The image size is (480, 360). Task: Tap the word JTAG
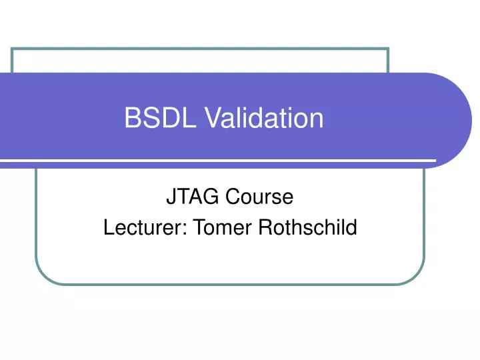coord(186,197)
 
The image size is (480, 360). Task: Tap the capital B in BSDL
coord(131,118)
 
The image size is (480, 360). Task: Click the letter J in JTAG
coord(168,197)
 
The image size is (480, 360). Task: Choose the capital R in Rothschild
coord(261,228)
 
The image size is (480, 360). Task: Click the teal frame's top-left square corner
coord(13,49)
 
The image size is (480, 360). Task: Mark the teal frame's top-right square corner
coord(388,49)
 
